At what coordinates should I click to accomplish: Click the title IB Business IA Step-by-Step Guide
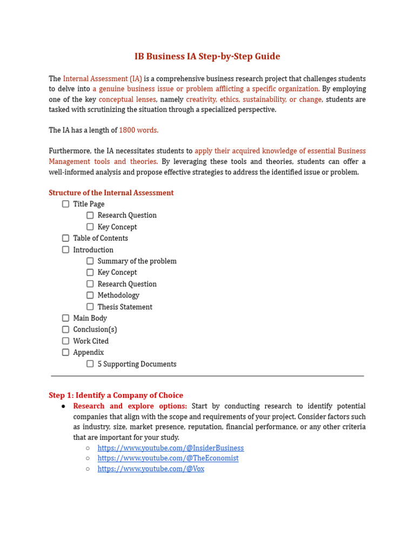(207, 56)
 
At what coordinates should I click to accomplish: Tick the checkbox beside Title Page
(65, 204)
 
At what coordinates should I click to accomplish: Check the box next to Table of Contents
(65, 238)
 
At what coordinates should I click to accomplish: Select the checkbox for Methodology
(90, 295)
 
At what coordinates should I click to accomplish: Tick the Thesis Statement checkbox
(90, 307)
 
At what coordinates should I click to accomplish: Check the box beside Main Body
(65, 318)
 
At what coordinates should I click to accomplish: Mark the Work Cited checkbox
(65, 341)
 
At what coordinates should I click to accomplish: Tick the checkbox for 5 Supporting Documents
(90, 364)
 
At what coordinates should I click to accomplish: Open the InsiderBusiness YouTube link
(170, 448)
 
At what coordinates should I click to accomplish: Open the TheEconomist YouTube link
(168, 458)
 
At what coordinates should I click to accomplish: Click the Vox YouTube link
(151, 469)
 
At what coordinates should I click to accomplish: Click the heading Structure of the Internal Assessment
(111, 193)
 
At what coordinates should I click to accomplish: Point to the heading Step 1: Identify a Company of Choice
(116, 395)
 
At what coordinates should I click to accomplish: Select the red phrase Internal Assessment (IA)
(102, 79)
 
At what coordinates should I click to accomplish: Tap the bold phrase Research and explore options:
(130, 406)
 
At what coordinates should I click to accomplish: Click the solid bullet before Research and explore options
(63, 406)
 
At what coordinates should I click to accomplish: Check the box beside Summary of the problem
(90, 261)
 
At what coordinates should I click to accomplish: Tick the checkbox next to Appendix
(65, 352)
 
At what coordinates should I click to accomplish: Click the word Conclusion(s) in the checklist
(95, 329)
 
